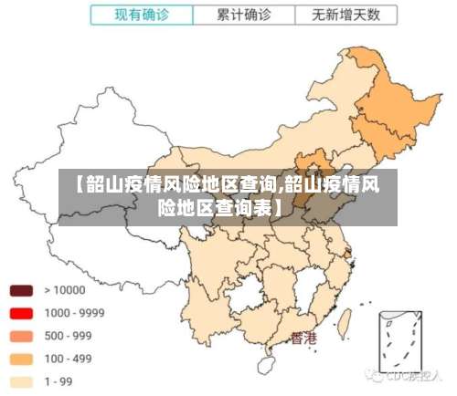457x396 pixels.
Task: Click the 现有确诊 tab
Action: (142, 16)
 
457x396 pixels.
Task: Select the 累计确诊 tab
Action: (244, 16)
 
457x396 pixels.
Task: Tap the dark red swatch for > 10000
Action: (21, 290)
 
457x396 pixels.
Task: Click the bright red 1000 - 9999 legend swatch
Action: (21, 313)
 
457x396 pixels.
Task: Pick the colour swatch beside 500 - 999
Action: (21, 336)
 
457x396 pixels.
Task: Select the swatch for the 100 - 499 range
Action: (21, 359)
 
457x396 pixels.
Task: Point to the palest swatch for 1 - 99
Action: (21, 381)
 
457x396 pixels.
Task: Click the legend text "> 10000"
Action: (64, 290)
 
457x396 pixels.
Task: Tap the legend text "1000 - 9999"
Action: (74, 313)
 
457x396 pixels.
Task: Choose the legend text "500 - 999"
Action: (68, 336)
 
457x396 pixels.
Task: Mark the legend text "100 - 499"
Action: (68, 359)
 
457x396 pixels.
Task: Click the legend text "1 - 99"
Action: (58, 381)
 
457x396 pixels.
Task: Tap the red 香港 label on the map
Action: (303, 338)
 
